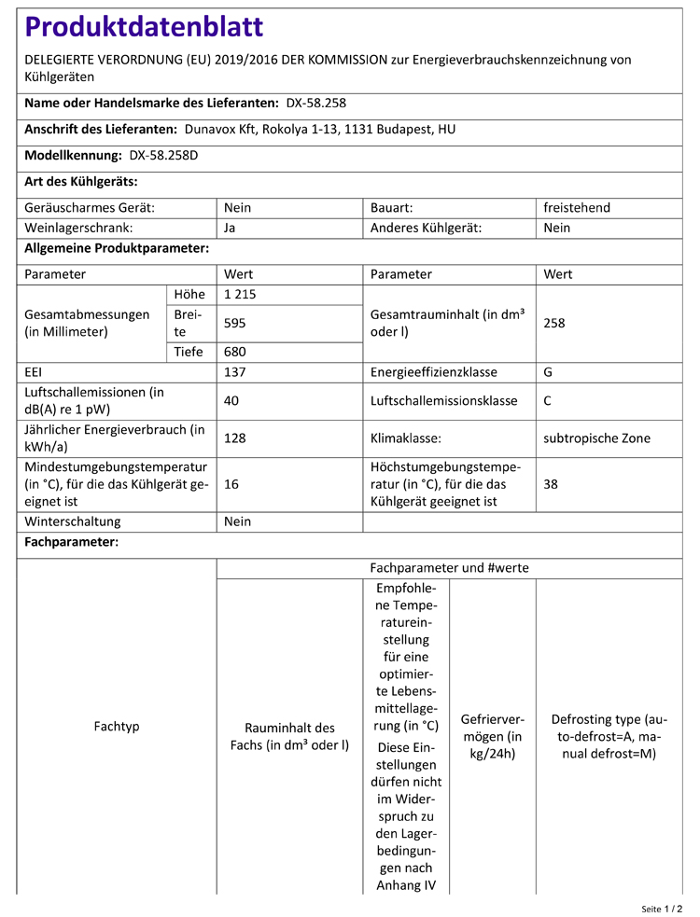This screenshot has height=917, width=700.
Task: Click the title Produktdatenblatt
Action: pos(144,27)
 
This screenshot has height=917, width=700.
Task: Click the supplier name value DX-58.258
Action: pos(315,104)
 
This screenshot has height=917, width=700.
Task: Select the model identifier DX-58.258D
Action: pos(163,156)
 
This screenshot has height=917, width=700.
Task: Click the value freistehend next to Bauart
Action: pos(577,208)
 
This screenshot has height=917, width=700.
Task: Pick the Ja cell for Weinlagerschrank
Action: pos(231,228)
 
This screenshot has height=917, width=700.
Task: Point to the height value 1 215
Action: pos(240,295)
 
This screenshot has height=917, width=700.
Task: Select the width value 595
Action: pos(235,323)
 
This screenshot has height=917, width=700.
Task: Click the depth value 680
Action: pos(235,352)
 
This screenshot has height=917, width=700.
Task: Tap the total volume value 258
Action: pos(554,323)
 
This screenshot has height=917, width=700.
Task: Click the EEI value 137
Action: pos(235,372)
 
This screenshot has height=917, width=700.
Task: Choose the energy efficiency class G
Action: pos(549,372)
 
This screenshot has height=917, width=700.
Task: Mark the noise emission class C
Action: pos(549,401)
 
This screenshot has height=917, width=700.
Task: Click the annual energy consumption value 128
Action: pos(235,438)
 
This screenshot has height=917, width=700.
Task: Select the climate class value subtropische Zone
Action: pos(597,438)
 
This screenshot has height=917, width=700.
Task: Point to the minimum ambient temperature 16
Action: pos(231,484)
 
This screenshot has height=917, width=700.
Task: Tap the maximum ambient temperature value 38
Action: pos(551,484)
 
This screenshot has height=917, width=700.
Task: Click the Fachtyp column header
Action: pos(117,726)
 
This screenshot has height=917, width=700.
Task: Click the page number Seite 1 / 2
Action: pos(662,908)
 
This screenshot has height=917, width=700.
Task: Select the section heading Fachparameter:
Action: pos(71,542)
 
